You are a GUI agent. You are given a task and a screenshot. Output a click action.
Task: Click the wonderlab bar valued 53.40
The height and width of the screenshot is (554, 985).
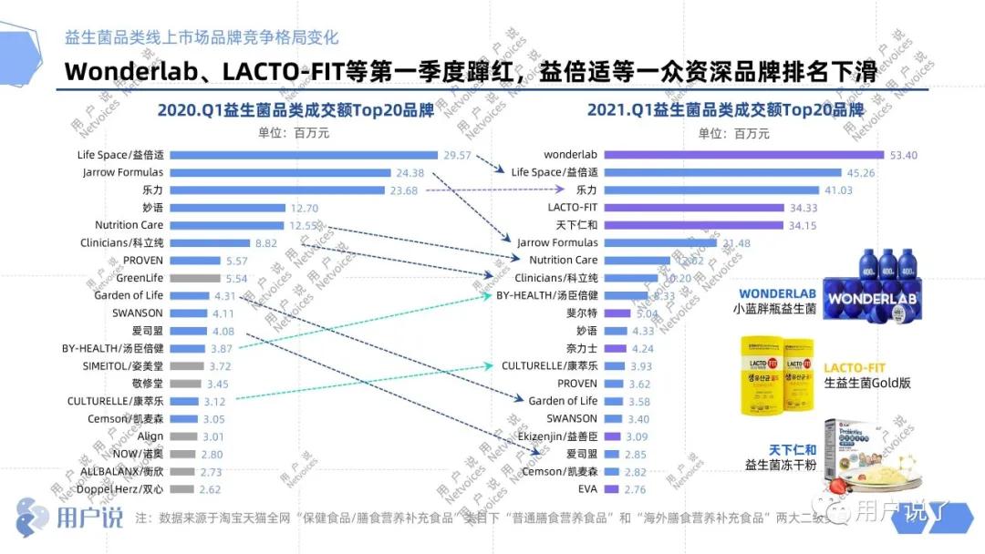[x=743, y=155]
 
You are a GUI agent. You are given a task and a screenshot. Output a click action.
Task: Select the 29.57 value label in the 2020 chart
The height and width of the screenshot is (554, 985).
[x=457, y=155]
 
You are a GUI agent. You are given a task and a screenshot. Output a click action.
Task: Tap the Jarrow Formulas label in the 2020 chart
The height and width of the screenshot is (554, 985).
[x=123, y=172]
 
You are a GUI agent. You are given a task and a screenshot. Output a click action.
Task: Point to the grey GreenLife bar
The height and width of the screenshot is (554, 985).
[x=195, y=278]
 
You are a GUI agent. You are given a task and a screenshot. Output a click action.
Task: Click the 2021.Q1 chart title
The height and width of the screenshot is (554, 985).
[x=725, y=111]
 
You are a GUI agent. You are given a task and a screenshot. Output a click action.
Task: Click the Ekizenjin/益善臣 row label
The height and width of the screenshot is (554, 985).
[x=559, y=436]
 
